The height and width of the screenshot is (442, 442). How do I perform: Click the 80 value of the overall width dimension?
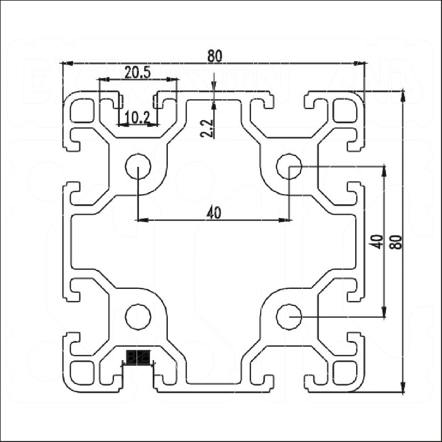(215, 56)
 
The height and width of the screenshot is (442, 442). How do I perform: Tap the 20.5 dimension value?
(138, 73)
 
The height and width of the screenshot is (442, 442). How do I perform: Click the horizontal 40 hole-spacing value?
(214, 213)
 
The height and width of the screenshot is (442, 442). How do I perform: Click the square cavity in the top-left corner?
(83, 111)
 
